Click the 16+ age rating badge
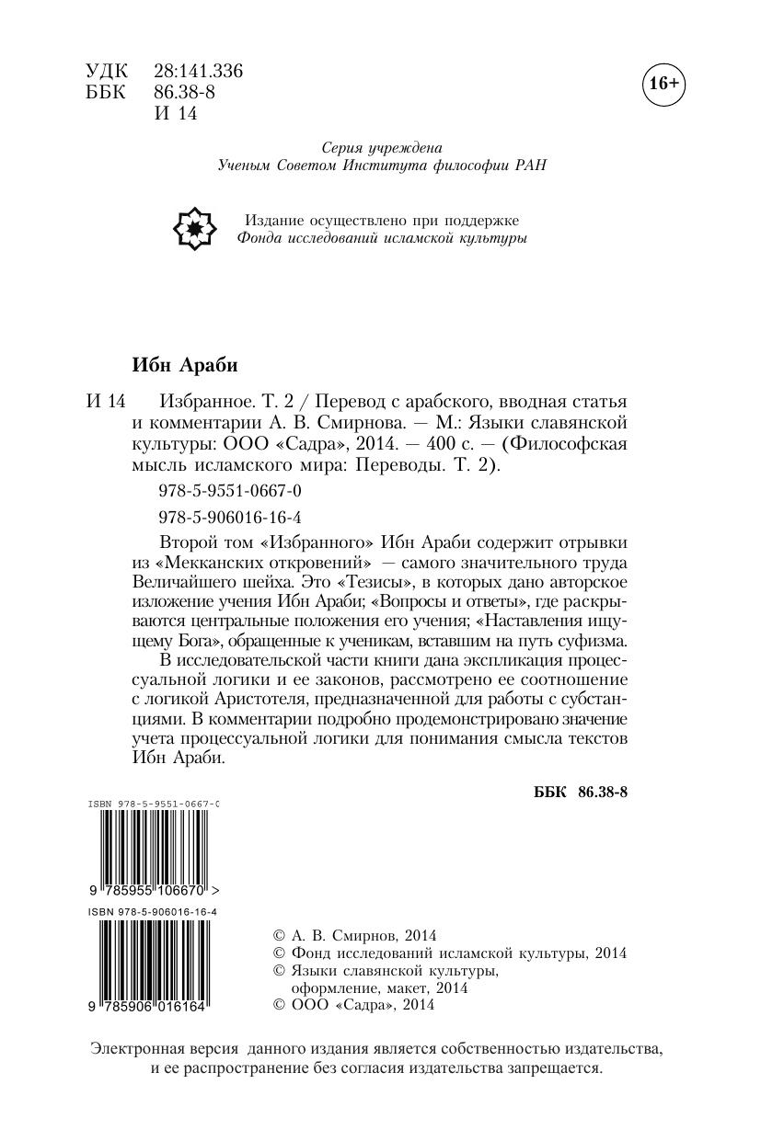point(663,84)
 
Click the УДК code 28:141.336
point(199,72)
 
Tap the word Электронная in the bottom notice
point(136,1048)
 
